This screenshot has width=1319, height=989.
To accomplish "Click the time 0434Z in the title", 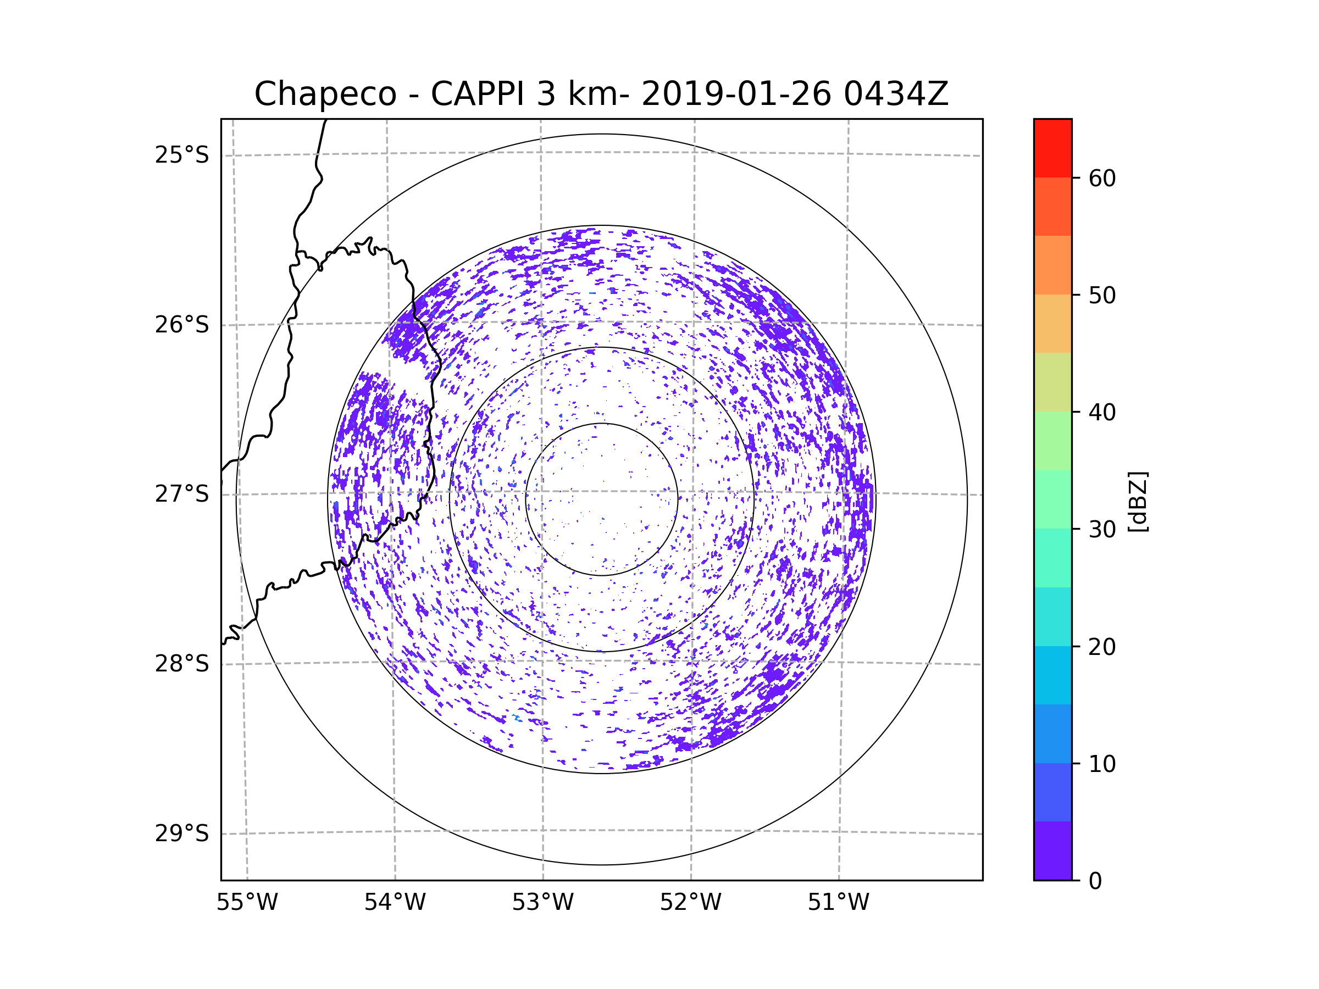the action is pos(896,94).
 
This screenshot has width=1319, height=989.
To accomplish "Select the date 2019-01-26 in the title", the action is pos(736,94).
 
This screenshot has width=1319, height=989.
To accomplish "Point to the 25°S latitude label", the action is pos(182,155).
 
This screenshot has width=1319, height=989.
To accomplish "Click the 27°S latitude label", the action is pos(182,494).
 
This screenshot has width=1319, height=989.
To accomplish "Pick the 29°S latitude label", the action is pos(182,834).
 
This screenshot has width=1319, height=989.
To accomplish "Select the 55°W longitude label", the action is pos(247,903).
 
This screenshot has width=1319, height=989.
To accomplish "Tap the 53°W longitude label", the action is pos(542,903).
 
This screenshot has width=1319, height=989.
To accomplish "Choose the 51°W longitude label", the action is pos(838,903).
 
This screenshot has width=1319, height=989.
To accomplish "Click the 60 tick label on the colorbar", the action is pos(1102,178).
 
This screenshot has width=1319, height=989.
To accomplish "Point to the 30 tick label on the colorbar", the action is pos(1102,529).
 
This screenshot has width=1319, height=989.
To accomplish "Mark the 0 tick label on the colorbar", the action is pos(1095,881).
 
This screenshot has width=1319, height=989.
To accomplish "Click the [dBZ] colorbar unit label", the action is pos(1138,501).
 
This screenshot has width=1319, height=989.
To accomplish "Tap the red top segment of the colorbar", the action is pos(1052,148).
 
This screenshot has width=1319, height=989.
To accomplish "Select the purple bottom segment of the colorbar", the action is pos(1052,851).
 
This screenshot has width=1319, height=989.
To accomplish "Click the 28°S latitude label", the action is pos(182,664).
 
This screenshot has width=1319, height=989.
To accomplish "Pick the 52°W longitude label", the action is pos(690,903).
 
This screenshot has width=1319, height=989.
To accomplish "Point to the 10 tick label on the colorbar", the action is pos(1102,764).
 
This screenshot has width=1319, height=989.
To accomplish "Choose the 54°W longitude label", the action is pos(395,903).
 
